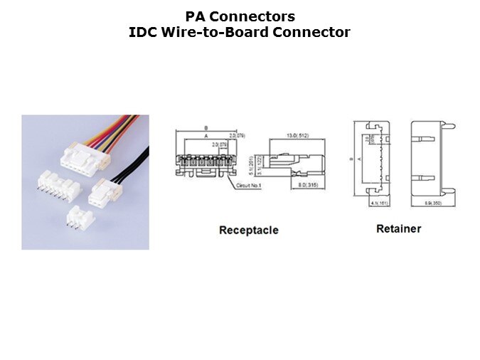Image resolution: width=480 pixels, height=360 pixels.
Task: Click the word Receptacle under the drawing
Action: (x=248, y=230)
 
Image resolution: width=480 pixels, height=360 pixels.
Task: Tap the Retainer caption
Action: (x=398, y=228)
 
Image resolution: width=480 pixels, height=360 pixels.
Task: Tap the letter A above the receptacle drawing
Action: (x=206, y=135)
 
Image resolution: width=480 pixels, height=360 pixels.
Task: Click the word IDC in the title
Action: (x=142, y=32)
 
